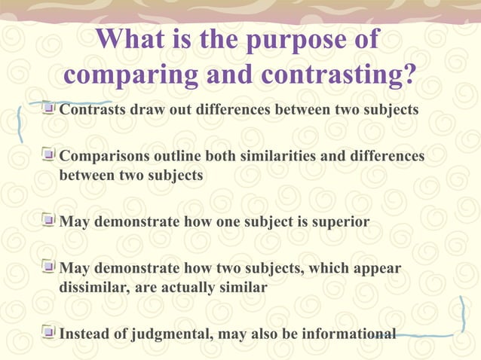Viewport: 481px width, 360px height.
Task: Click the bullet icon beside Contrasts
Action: (49, 109)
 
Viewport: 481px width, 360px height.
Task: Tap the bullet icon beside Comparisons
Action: (49, 156)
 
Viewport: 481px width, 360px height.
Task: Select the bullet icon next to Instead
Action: (49, 332)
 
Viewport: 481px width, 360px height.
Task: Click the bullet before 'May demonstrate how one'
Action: (49, 222)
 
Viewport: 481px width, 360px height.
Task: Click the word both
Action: (226, 156)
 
